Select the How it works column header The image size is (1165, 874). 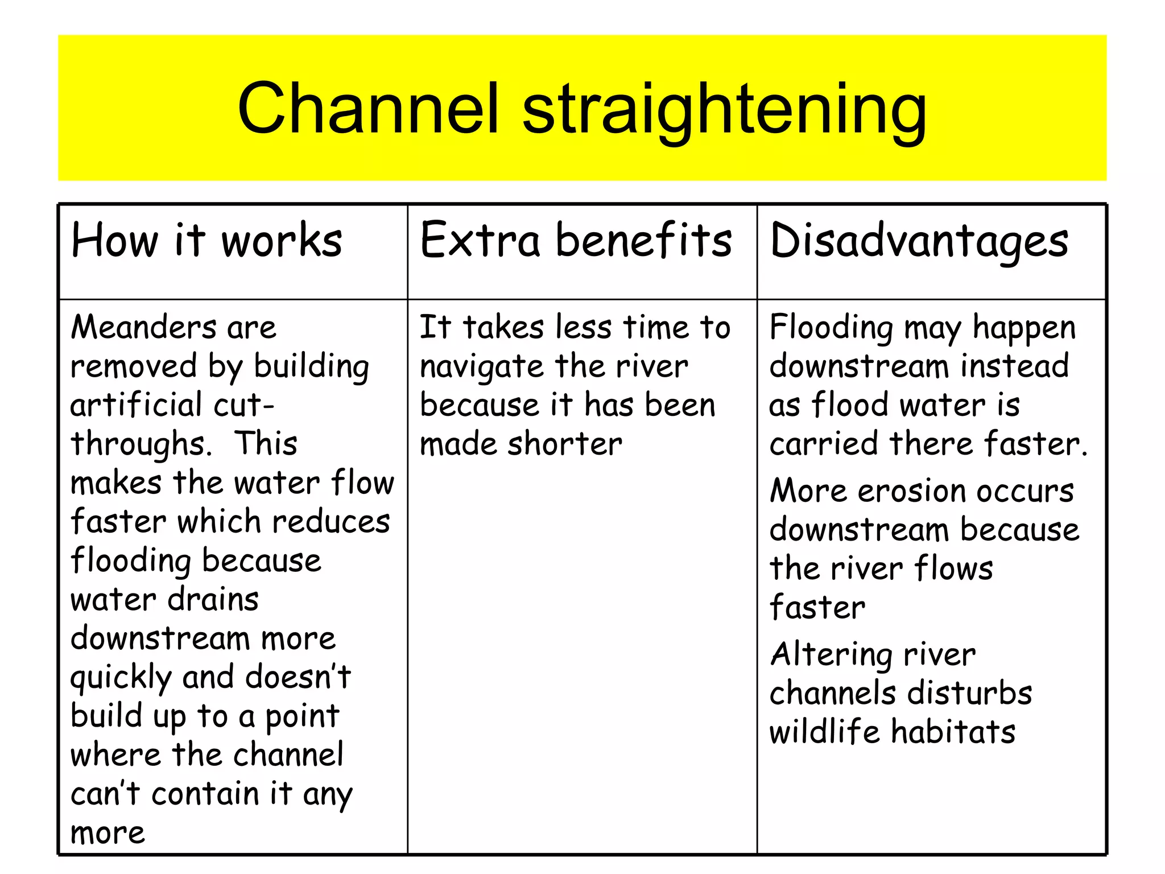pos(206,241)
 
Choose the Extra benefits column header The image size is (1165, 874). pos(576,241)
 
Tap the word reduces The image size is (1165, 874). pos(331,522)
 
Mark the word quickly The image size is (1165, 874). pos(121,678)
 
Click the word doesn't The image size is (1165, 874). pos(298,677)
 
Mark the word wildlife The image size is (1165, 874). pos(824,732)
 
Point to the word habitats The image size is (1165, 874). pos(953,732)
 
